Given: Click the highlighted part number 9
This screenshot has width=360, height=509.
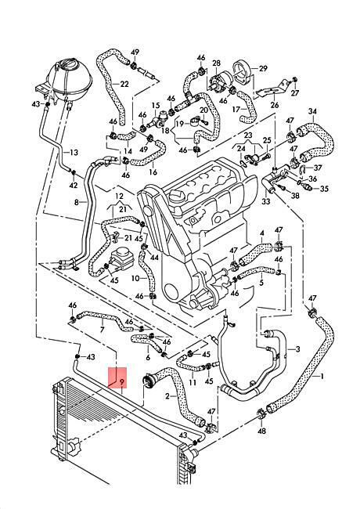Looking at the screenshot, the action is tap(122, 383).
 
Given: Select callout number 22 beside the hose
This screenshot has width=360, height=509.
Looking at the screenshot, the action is tap(124, 84).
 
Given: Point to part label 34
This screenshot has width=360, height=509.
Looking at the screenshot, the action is tap(312, 111).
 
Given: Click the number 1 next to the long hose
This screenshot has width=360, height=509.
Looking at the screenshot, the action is tap(322, 376).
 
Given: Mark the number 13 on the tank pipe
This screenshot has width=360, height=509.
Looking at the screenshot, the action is tap(74, 152).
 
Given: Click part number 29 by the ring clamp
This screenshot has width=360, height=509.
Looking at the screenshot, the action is tap(263, 68).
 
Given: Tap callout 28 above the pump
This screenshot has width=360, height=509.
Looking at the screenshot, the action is tap(216, 63).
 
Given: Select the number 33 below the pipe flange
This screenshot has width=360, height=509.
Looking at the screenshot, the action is tap(265, 201).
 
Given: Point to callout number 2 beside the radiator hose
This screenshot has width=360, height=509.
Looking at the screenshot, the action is tap(167, 396).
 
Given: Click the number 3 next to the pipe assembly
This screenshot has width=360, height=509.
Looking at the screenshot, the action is tap(297, 349).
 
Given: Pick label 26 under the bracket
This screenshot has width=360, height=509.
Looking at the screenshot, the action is tap(275, 105).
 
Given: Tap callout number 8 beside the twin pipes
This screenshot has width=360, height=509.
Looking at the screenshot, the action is tap(77, 202).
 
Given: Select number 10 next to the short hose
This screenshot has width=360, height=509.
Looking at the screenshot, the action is tap(135, 278).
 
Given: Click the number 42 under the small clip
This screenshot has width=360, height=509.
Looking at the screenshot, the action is tap(74, 185).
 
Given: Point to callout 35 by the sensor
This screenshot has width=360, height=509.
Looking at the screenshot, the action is tap(324, 189).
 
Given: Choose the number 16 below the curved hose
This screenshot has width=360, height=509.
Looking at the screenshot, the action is tap(153, 171).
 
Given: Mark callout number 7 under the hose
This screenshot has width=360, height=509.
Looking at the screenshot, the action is tap(103, 330).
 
